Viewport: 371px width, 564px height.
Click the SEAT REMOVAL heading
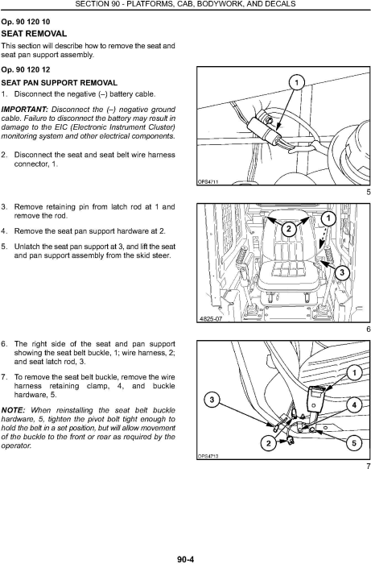[34, 34]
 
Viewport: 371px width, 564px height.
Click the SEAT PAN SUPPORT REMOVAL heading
[60, 83]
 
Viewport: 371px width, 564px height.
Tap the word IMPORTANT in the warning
[25, 110]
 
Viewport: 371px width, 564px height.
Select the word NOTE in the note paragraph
[14, 410]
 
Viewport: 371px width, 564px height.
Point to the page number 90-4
[185, 559]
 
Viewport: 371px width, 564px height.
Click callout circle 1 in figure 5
[296, 83]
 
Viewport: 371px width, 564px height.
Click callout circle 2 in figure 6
[288, 229]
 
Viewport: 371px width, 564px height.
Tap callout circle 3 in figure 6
[341, 272]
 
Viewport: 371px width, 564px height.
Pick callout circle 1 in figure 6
[328, 218]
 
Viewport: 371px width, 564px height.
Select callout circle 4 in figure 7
[354, 405]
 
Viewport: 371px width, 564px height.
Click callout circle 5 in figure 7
[354, 443]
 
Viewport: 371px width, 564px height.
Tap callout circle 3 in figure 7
[212, 400]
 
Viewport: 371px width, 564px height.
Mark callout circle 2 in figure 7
[269, 443]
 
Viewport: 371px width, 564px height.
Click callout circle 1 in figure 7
[354, 372]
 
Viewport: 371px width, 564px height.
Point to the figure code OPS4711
[208, 182]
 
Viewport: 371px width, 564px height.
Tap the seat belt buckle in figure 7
[316, 400]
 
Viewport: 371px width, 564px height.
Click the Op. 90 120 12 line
[26, 70]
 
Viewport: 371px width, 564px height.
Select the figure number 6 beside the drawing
[368, 329]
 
